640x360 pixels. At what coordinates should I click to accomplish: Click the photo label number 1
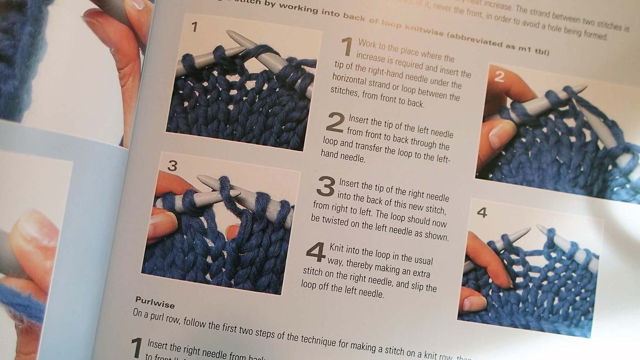coord(195,27)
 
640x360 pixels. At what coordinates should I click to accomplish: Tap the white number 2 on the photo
coord(500,77)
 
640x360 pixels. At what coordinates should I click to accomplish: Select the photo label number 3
coord(172,166)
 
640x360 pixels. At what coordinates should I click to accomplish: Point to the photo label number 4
coord(482,213)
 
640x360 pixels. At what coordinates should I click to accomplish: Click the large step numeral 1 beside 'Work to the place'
coord(347,47)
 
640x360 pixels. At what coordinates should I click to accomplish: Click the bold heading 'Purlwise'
coord(155,303)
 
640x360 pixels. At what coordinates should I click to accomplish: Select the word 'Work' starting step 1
coord(367,44)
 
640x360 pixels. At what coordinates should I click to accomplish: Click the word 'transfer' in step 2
coord(370,147)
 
